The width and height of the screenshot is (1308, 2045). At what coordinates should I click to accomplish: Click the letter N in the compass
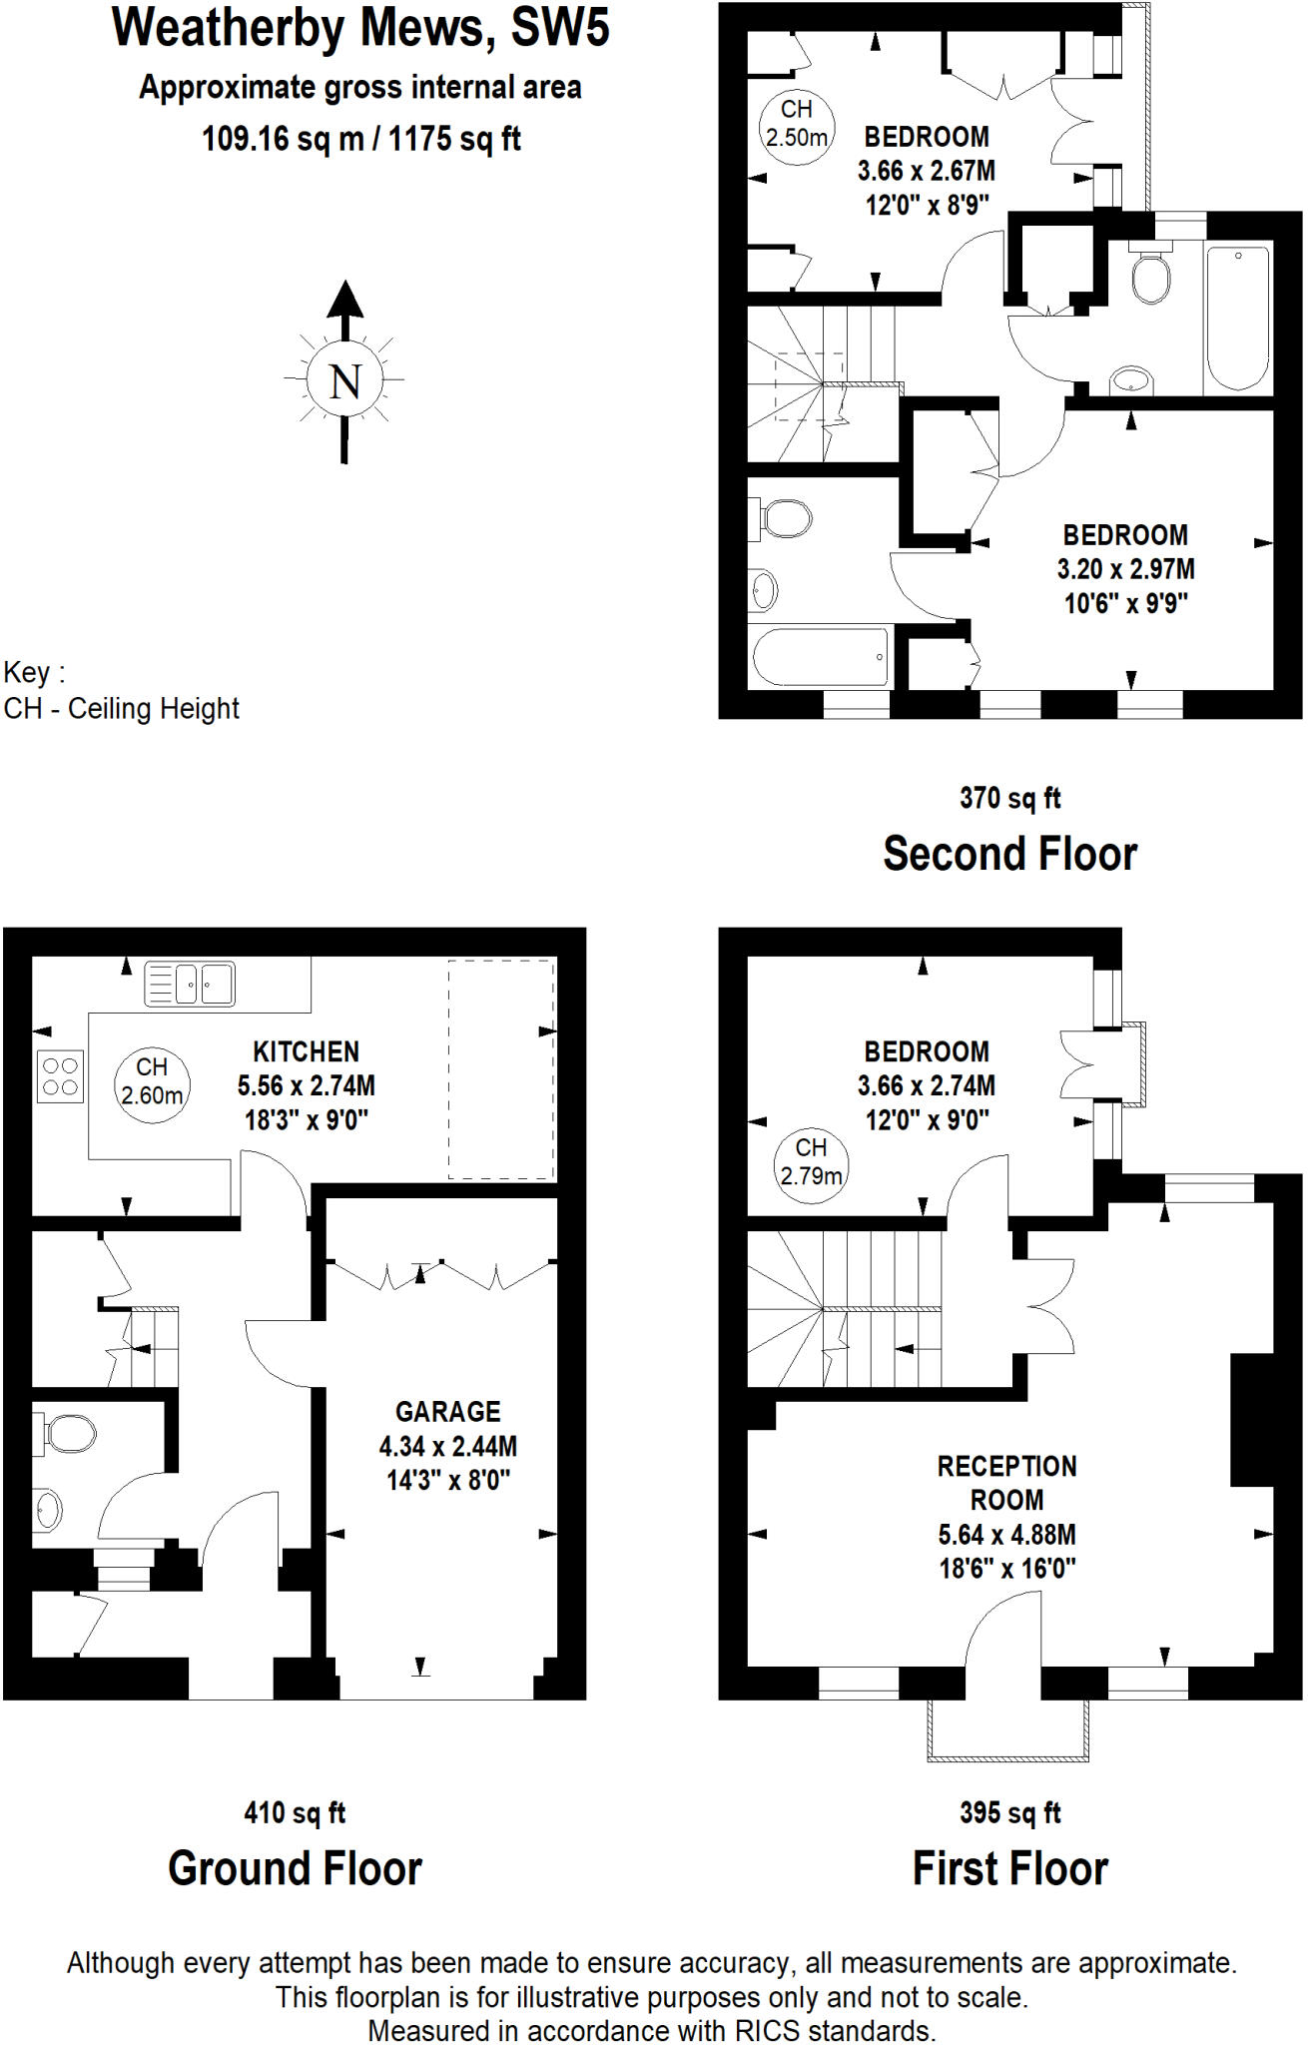[x=345, y=381]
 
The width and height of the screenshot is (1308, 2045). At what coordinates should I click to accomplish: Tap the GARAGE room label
[x=447, y=1412]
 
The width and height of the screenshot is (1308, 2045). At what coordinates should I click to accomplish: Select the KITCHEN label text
[x=306, y=1051]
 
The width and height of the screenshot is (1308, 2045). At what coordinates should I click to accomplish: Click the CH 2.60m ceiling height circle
[x=152, y=1081]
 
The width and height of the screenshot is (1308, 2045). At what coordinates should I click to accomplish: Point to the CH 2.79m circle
[x=811, y=1162]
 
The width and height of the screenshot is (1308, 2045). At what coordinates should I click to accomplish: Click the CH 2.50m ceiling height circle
[x=796, y=124]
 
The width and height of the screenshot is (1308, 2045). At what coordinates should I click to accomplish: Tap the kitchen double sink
[x=190, y=984]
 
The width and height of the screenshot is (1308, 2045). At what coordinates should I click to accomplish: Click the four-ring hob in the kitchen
[x=60, y=1076]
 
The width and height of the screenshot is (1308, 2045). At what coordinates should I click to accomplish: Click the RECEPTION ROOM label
[x=1006, y=1483]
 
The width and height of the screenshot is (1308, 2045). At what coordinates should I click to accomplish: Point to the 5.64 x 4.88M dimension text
[x=1006, y=1535]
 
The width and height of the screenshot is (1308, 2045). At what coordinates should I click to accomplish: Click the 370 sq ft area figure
[x=1009, y=798]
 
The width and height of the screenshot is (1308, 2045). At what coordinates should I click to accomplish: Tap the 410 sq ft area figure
[x=295, y=1812]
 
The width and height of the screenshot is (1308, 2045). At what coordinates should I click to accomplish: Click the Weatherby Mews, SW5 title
[x=360, y=28]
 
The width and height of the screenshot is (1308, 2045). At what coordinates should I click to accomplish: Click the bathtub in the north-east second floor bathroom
[x=1238, y=318]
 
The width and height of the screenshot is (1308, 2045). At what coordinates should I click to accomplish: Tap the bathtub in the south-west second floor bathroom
[x=820, y=656]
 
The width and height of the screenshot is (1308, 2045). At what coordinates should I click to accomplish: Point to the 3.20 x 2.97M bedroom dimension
[x=1125, y=569]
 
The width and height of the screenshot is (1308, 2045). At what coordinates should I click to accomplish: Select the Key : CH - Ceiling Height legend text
[x=121, y=691]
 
